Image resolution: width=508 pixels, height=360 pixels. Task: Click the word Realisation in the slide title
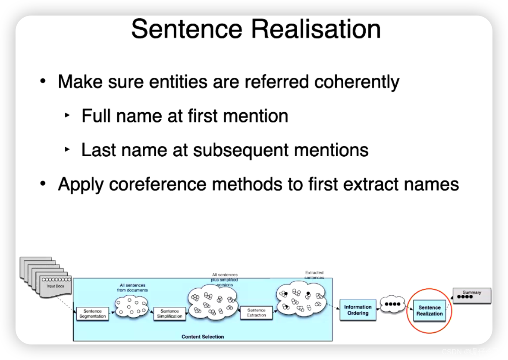tap(316, 29)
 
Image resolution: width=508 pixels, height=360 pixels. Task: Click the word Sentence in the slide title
tap(187, 29)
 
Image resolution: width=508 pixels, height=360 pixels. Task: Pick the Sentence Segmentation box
tap(92, 314)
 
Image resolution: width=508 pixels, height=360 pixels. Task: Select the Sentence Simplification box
tap(169, 314)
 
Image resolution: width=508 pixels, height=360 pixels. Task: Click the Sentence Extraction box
tap(256, 313)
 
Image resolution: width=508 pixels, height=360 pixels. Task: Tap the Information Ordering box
tap(357, 310)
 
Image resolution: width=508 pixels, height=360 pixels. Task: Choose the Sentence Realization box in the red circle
tap(430, 311)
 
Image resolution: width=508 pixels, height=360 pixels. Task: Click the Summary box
tap(471, 295)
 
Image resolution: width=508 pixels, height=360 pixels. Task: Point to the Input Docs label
tap(55, 286)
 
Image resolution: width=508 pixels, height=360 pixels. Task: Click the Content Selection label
tap(203, 337)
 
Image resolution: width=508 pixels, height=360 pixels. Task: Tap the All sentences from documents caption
tap(132, 287)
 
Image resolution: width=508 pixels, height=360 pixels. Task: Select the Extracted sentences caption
tap(314, 275)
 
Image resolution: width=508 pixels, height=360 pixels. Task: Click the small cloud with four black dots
tap(392, 304)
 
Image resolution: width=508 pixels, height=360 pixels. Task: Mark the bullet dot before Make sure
tap(42, 82)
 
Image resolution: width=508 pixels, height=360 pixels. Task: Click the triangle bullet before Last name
tap(67, 150)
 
